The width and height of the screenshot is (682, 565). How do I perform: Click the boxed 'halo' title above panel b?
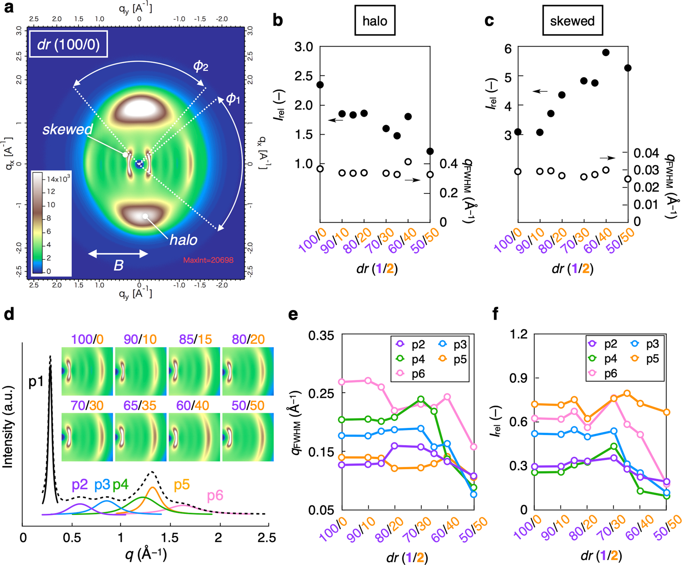[375, 21]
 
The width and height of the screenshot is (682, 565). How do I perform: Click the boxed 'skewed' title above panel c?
[572, 21]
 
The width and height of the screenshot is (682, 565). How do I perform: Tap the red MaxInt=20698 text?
[208, 260]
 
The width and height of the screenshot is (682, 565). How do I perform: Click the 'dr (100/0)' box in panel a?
[68, 45]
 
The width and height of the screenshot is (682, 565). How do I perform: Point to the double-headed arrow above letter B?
[118, 254]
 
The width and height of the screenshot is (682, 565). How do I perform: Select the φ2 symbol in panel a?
[201, 66]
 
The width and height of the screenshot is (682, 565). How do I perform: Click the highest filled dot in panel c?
[606, 53]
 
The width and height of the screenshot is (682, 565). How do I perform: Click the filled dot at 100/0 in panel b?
[320, 85]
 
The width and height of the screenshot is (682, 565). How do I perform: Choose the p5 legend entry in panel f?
[646, 359]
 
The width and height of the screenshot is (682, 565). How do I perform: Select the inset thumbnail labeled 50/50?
[248, 437]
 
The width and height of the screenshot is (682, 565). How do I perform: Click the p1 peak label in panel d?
[36, 381]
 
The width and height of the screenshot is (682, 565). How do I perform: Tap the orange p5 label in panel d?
[182, 485]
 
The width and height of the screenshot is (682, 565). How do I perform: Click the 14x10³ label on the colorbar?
[58, 179]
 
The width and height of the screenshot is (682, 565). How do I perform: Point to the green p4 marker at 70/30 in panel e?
[421, 399]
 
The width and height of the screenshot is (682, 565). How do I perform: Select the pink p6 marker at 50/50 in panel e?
[474, 447]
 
